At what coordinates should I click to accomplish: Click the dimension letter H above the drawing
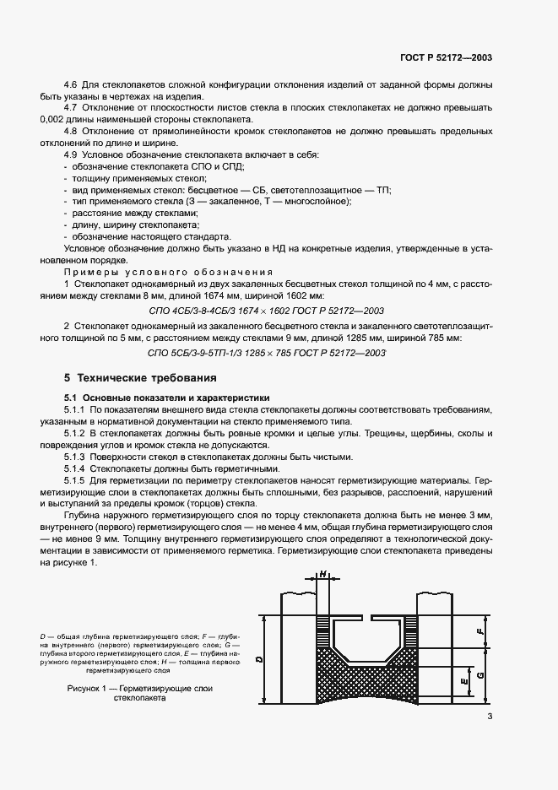324,574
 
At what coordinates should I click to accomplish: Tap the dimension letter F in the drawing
479,630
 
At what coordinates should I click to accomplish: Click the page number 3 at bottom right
490,717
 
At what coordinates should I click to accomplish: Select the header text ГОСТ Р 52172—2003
447,58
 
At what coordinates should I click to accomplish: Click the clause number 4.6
72,86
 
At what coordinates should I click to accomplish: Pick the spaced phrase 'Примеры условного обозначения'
169,273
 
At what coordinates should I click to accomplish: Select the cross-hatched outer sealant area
368,679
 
